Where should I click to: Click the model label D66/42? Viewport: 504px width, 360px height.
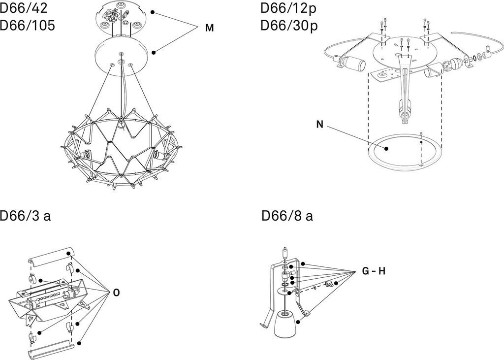click(x=24, y=8)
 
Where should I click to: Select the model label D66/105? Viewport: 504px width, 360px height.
click(x=28, y=26)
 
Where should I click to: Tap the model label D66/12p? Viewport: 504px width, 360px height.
click(x=288, y=8)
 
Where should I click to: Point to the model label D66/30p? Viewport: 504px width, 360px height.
click(x=289, y=26)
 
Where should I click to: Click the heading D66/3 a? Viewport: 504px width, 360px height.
click(x=25, y=215)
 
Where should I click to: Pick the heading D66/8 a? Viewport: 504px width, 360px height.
click(x=287, y=215)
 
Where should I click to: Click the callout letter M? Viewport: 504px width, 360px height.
click(x=210, y=28)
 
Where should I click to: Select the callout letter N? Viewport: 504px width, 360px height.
click(x=319, y=124)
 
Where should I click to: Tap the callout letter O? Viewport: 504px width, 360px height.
click(x=116, y=293)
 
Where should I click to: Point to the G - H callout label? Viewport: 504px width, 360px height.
click(x=374, y=271)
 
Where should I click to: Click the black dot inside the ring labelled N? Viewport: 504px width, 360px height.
click(x=386, y=149)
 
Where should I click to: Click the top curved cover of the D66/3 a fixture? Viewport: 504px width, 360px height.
click(x=51, y=257)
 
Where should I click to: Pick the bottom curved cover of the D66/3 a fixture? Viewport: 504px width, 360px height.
click(x=51, y=350)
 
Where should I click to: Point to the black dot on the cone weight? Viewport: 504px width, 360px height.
click(x=298, y=322)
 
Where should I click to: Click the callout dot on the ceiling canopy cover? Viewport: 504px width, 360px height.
click(x=154, y=52)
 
